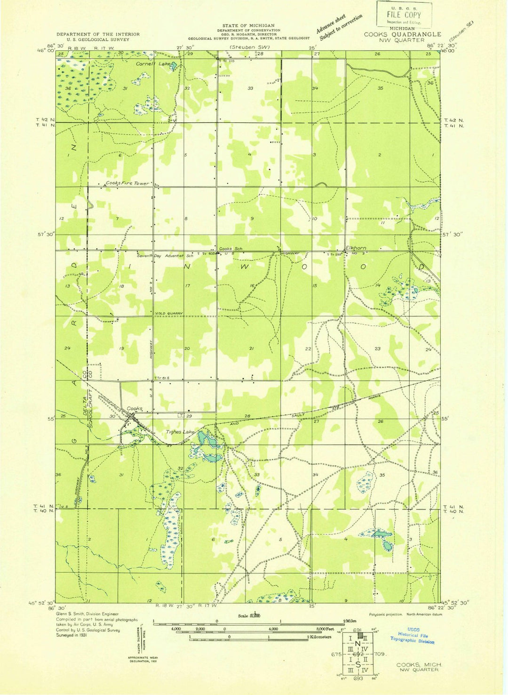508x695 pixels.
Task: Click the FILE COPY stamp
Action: tap(404, 15)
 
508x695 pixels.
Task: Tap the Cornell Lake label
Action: tap(153, 64)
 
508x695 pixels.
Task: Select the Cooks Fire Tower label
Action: tap(127, 183)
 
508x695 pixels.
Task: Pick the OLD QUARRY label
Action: tap(170, 314)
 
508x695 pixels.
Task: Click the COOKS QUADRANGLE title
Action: tap(402, 34)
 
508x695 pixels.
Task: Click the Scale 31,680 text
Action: tap(249, 615)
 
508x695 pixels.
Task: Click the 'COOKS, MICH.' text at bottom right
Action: tap(419, 664)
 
